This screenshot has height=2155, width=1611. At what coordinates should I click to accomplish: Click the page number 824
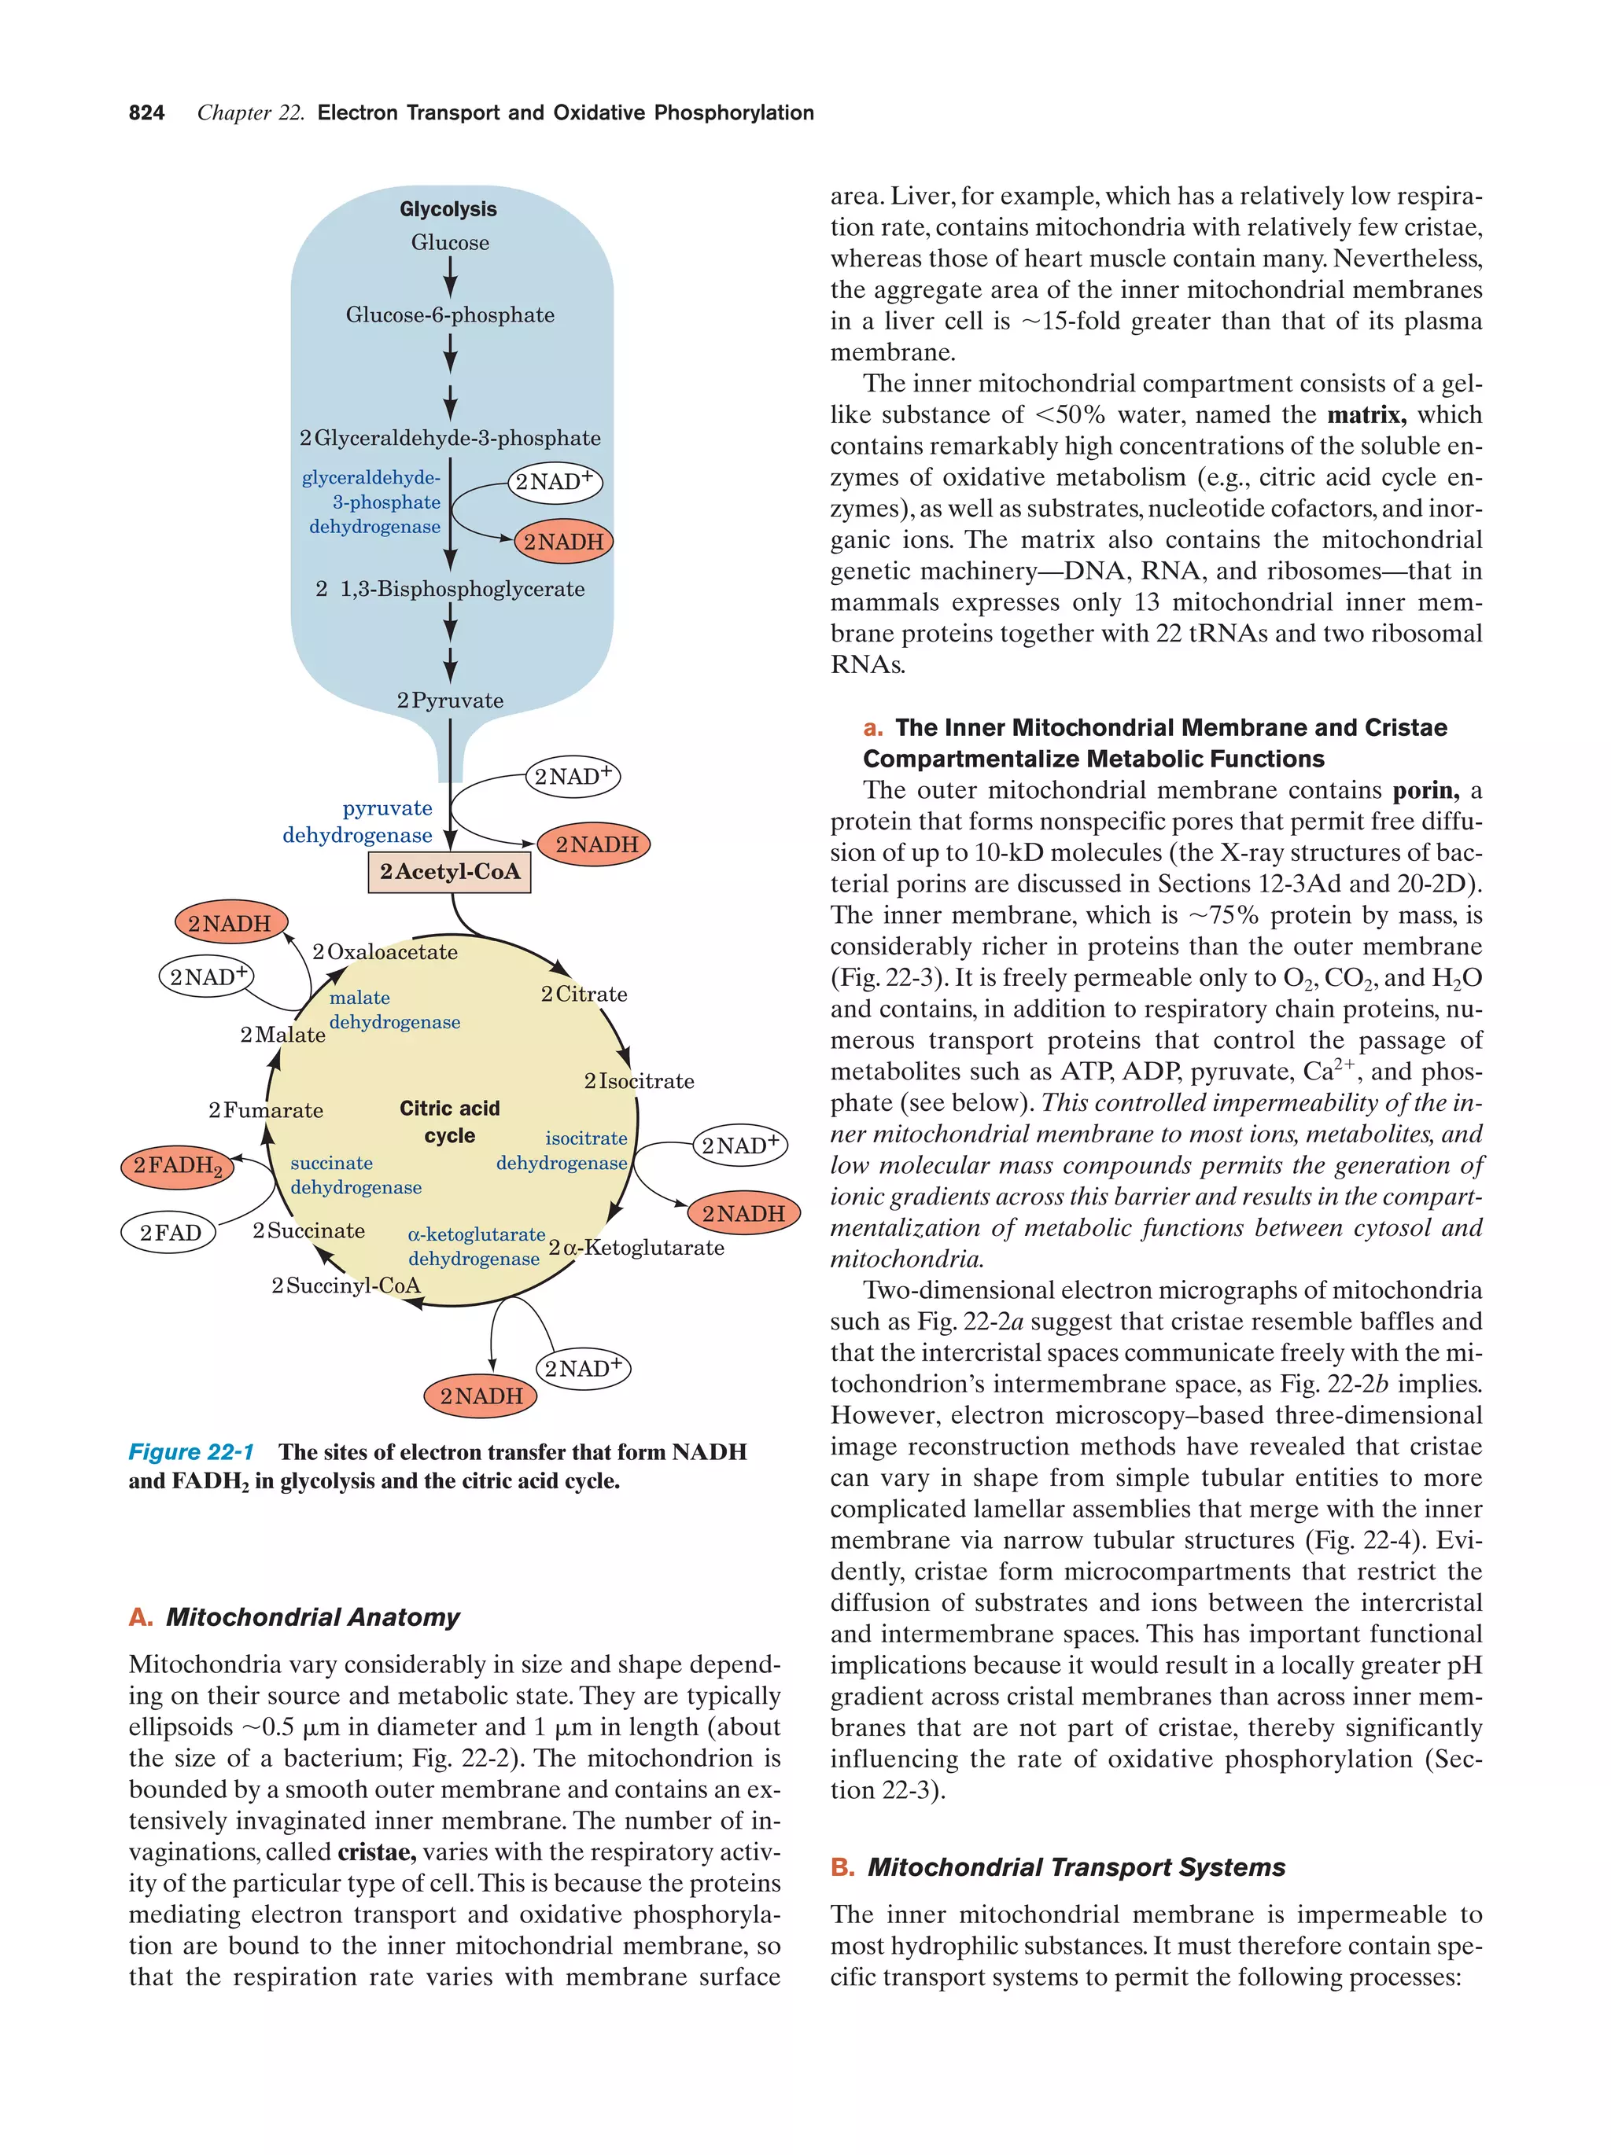pyautogui.click(x=146, y=113)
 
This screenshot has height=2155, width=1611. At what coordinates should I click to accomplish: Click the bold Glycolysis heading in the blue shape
pyautogui.click(x=448, y=209)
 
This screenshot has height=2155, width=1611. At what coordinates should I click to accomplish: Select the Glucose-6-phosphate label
pyautogui.click(x=449, y=314)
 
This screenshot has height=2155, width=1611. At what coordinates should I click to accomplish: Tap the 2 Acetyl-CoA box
pyautogui.click(x=449, y=871)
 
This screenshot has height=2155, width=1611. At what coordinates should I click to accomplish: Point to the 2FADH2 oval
pyautogui.click(x=177, y=1166)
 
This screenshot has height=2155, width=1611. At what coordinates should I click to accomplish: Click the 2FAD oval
pyautogui.click(x=171, y=1233)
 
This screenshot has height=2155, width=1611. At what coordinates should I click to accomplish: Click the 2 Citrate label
pyautogui.click(x=584, y=994)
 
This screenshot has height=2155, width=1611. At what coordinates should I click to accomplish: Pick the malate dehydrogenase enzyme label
pyautogui.click(x=394, y=1009)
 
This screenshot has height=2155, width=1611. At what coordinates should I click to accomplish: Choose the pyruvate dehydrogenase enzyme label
pyautogui.click(x=358, y=822)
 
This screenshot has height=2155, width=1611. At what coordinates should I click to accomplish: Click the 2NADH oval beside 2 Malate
pyautogui.click(x=230, y=922)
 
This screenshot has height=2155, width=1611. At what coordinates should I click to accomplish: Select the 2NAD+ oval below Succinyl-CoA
pyautogui.click(x=583, y=1368)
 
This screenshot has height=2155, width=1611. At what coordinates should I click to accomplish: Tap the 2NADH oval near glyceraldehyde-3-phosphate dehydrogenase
pyautogui.click(x=563, y=542)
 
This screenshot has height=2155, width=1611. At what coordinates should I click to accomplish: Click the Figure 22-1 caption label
pyautogui.click(x=191, y=1451)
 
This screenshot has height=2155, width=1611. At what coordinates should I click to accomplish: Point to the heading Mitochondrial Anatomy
pyautogui.click(x=312, y=1617)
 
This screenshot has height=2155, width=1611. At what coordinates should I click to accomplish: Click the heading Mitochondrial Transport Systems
pyautogui.click(x=1076, y=1866)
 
